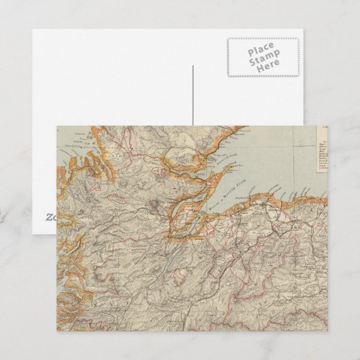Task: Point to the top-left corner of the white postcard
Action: (32, 29)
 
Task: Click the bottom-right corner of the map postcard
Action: (327, 331)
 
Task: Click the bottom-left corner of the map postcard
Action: (56, 331)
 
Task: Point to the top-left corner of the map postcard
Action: (56, 126)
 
